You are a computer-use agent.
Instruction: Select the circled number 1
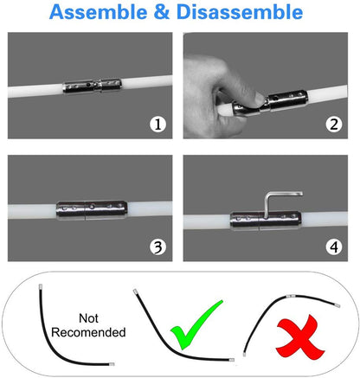(157, 125)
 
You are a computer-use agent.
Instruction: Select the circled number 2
(332, 125)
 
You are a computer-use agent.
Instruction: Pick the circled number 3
(157, 247)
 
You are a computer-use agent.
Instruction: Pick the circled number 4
(332, 247)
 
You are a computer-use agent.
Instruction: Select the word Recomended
(88, 332)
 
